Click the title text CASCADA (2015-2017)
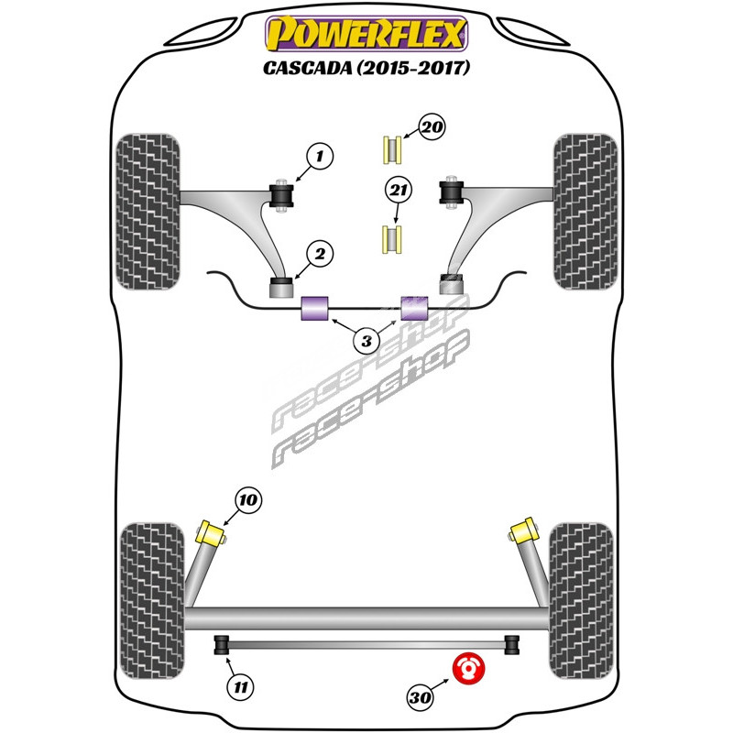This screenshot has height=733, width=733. pos(366,69)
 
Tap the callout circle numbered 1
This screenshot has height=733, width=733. pos(319,158)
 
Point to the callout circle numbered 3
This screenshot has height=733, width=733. pos(366,342)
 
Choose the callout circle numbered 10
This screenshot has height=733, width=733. pos(248,500)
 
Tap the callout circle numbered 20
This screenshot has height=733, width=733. pos(432,127)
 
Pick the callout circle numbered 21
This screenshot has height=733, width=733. pos(398,191)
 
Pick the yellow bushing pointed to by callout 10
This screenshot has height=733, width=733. pos(214,531)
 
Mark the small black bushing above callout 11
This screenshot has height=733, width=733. pos(221,645)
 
